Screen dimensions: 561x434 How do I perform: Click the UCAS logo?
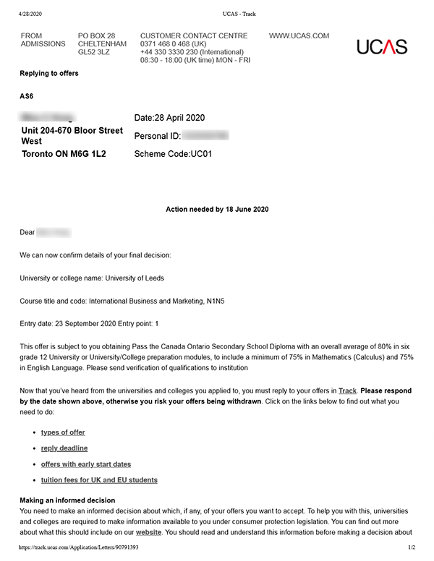pos(382,47)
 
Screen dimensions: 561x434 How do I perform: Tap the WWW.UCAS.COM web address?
pos(299,36)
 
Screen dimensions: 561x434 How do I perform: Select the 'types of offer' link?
pos(63,432)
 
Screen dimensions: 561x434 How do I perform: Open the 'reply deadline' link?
pos(64,448)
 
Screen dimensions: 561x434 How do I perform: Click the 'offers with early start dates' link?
pos(86,464)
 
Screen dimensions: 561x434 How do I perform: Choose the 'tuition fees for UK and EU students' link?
pos(99,480)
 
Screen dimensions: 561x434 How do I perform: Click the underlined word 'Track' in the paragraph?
pos(347,390)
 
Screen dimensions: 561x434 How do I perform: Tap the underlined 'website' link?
pos(149,533)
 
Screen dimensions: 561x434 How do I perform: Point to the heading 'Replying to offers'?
pos(49,74)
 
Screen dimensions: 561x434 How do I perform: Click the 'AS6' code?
pos(27,96)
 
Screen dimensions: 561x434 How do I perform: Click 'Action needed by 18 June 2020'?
pos(217,210)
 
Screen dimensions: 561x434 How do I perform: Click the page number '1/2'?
pos(411,548)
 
